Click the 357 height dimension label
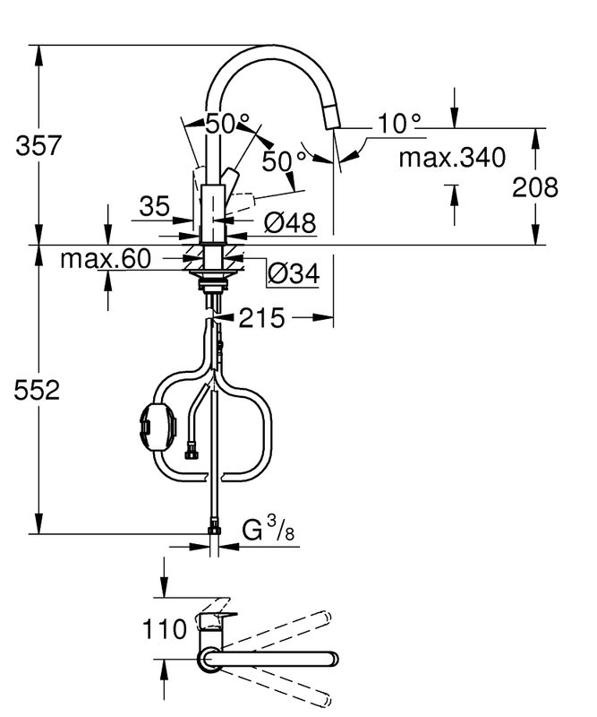pyautogui.click(x=38, y=146)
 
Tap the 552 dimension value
pyautogui.click(x=37, y=391)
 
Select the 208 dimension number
pyautogui.click(x=535, y=187)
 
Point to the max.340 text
pyautogui.click(x=452, y=158)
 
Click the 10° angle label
pyautogui.click(x=399, y=124)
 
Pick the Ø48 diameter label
pyautogui.click(x=290, y=223)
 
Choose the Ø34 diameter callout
pyautogui.click(x=294, y=274)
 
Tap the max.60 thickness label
pyautogui.click(x=106, y=259)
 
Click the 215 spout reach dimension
pyautogui.click(x=261, y=318)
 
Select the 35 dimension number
pyautogui.click(x=154, y=206)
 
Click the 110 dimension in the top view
pyautogui.click(x=165, y=629)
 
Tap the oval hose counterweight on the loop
pyautogui.click(x=158, y=427)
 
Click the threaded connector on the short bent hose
pyautogui.click(x=190, y=451)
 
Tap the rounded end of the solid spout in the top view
pyautogui.click(x=333, y=660)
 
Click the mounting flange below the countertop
pyautogui.click(x=212, y=273)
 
